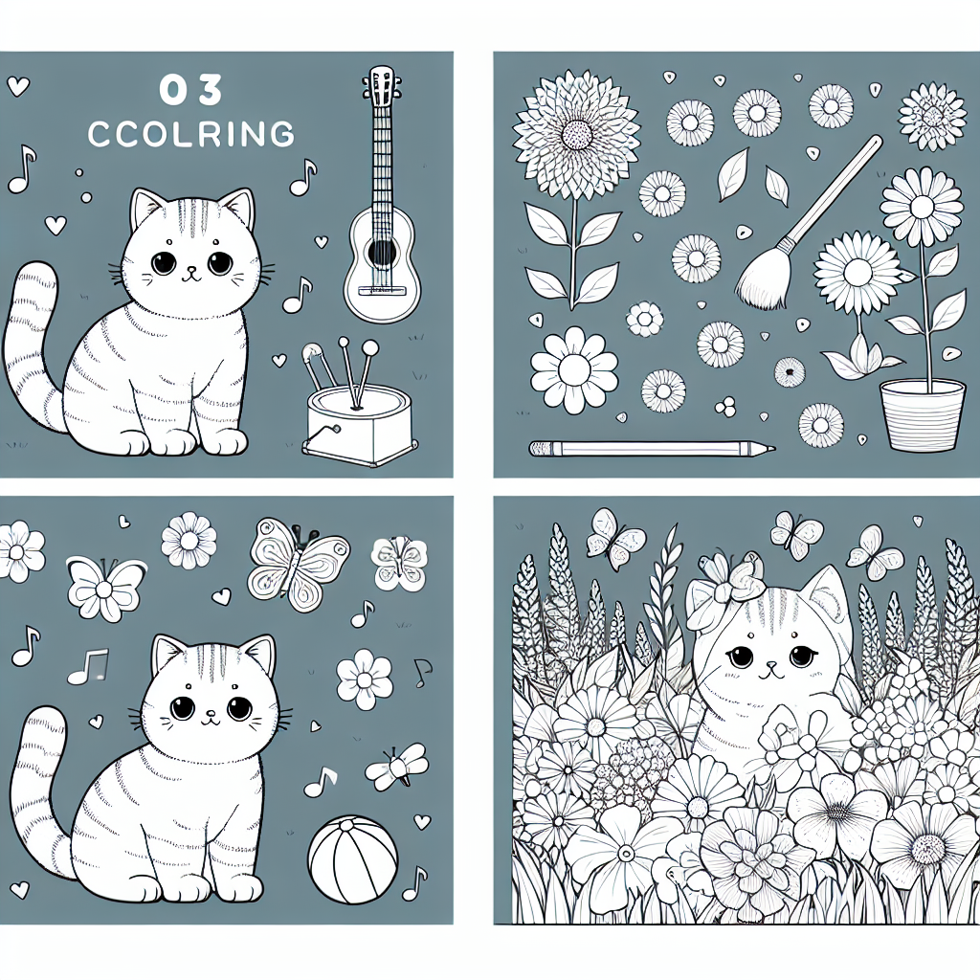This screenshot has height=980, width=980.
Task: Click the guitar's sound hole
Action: click(x=381, y=252)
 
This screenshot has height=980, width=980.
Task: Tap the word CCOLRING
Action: click(x=190, y=133)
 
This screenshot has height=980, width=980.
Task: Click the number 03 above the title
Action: click(x=190, y=90)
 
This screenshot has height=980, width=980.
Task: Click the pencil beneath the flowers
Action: click(x=653, y=448)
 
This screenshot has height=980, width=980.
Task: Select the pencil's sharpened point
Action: click(x=768, y=448)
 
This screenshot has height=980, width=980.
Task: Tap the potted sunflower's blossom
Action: click(x=922, y=207)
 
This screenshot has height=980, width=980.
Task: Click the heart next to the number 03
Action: click(x=18, y=85)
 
